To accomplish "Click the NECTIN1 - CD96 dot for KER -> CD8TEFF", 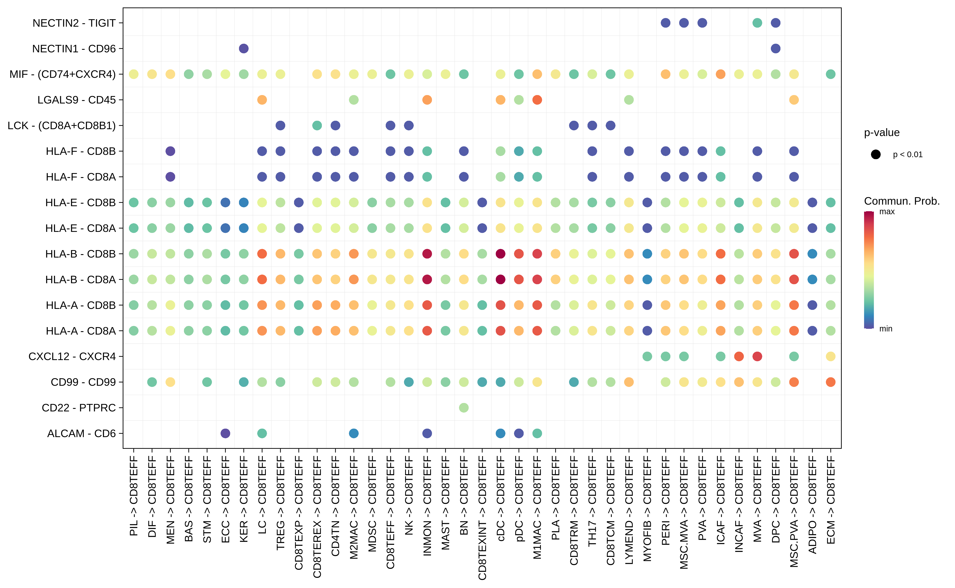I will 244,49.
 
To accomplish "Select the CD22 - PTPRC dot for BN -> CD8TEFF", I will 464,407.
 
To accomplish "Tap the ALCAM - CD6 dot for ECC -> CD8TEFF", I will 225,433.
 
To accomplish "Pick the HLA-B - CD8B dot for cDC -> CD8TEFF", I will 501,254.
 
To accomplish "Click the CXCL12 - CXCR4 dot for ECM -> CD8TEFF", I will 831,356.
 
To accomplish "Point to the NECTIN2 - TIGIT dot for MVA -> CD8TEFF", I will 757,23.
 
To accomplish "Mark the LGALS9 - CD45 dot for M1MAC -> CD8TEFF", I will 537,100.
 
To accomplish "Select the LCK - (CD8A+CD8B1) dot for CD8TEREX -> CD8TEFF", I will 317,126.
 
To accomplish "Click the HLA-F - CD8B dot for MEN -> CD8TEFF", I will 170,151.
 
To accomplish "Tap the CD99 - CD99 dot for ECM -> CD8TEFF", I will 831,382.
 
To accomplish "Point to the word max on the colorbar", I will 887,212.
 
